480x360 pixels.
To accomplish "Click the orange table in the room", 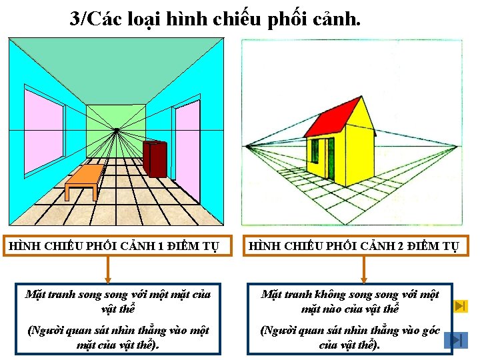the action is [x=85, y=177].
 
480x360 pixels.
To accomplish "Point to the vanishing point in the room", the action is [x=116, y=129].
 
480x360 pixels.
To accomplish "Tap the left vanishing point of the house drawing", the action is [x=247, y=145].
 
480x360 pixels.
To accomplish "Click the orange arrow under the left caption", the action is [x=107, y=269].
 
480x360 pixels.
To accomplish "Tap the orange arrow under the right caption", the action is [x=363, y=269].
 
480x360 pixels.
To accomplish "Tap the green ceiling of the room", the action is [x=115, y=63].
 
